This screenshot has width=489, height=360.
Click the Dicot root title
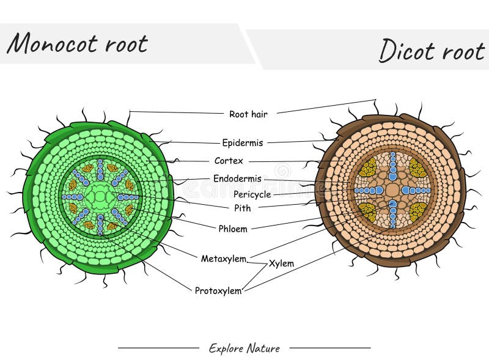pyautogui.click(x=432, y=50)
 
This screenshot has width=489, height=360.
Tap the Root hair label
pyautogui.click(x=248, y=114)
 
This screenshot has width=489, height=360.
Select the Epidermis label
pyautogui.click(x=243, y=143)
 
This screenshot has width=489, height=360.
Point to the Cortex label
pyautogui.click(x=229, y=161)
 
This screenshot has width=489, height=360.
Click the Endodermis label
pyautogui.click(x=237, y=178)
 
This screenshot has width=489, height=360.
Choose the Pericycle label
pyautogui.click(x=252, y=194)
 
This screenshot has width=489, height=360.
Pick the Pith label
pyautogui.click(x=242, y=208)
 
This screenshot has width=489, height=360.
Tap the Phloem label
pyautogui.click(x=233, y=229)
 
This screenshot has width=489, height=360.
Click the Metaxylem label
pyautogui.click(x=223, y=259)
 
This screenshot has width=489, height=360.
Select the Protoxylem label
pyautogui.click(x=218, y=291)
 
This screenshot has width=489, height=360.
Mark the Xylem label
pyautogui.click(x=281, y=263)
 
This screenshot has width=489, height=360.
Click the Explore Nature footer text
pyautogui.click(x=244, y=348)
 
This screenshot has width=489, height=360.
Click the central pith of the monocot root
pyautogui.click(x=100, y=197)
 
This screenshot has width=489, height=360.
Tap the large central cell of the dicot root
pyautogui.click(x=392, y=190)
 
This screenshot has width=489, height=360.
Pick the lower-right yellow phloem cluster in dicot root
pyautogui.click(x=418, y=212)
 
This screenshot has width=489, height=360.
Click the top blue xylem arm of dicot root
pyautogui.click(x=392, y=166)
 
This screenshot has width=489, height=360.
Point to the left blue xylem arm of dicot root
pyautogui.click(x=369, y=190)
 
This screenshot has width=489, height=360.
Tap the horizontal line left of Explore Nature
pyautogui.click(x=158, y=348)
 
